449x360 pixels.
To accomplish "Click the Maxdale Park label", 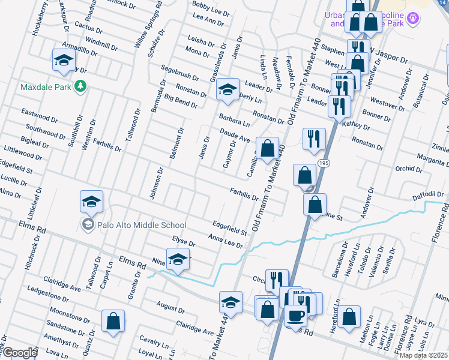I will [46, 87].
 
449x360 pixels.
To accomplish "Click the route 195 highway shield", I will [324, 164].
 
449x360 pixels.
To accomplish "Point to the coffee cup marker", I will [295, 314].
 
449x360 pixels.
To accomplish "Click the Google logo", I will [19, 353].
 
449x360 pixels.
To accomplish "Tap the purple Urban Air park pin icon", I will [412, 19].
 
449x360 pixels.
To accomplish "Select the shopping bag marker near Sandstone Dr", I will [113, 320].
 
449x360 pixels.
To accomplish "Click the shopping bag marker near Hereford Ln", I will [349, 316].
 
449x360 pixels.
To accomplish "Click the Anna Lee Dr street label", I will [225, 241].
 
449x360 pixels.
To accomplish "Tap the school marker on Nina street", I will [178, 260].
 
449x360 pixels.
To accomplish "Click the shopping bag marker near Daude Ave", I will [267, 148].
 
